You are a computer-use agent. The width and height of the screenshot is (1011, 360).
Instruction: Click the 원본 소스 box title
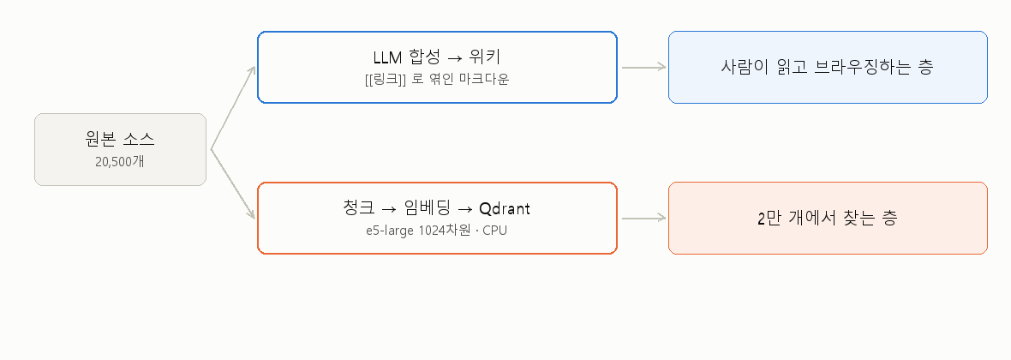pyautogui.click(x=120, y=139)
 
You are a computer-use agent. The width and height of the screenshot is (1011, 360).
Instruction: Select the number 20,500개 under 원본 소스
pyautogui.click(x=120, y=161)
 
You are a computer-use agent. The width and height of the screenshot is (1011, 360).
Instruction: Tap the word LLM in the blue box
pyautogui.click(x=387, y=57)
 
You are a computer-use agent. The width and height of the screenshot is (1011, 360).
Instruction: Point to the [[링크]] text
pyautogui.click(x=385, y=80)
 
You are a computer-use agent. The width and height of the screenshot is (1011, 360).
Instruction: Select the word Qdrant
pyautogui.click(x=504, y=208)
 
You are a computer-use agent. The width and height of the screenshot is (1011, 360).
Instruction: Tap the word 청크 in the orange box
pyautogui.click(x=359, y=207)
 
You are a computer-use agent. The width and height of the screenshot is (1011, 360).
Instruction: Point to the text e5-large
pyautogui.click(x=389, y=231)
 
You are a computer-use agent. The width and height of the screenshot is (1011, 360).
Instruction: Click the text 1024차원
pyautogui.click(x=440, y=230)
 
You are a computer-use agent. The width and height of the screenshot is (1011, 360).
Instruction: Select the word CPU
pyautogui.click(x=495, y=230)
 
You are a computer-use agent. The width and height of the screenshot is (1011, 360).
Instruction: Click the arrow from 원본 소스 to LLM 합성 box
pyautogui.click(x=233, y=108)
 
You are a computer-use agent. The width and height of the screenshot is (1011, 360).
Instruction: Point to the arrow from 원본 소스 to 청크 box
pyautogui.click(x=233, y=184)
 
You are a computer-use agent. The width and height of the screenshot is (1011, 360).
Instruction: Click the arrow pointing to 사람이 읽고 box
pyautogui.click(x=643, y=67)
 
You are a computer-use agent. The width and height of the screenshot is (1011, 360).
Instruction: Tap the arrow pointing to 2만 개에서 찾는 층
pyautogui.click(x=643, y=218)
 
